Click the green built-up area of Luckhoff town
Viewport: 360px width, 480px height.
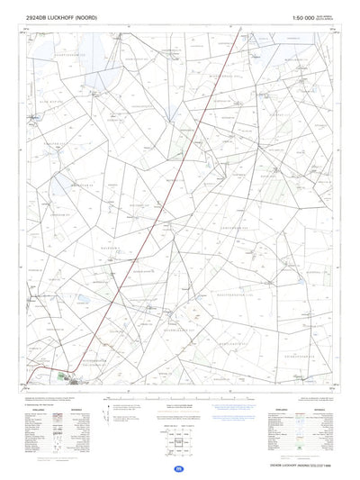[63, 375]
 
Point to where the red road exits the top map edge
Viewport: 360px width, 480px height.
[240, 28]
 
